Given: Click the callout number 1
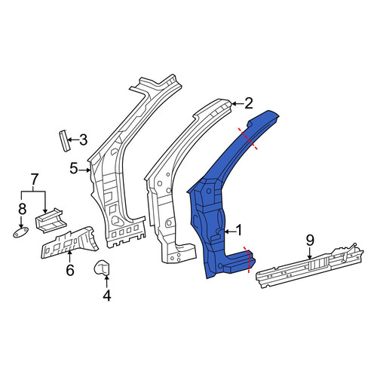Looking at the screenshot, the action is coord(238,231).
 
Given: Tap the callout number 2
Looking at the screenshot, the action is coord(248,103).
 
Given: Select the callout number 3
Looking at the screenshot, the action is coord(83,139).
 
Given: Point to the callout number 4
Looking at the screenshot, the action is coord(107,296).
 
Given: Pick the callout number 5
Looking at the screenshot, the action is coord(74,168).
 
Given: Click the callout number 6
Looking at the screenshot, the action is coord(70,270).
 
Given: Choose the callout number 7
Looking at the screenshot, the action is coord(34,179).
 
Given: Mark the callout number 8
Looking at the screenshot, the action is coord(22,209).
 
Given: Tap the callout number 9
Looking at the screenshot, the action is coord(310,241).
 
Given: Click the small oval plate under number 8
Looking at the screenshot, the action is coord(20,232).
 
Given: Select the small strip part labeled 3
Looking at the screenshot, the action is coord(64,141).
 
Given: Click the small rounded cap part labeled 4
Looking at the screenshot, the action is coord(102,268).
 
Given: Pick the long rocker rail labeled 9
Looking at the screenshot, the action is coord(310,266).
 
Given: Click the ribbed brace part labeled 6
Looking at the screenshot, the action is coord(69,244).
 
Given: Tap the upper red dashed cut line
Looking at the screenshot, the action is coord(248,139).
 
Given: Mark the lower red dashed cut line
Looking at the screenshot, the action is coord(248,260).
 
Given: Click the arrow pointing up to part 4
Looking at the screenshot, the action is coord(107,281).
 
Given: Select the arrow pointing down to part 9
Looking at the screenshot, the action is coord(310,253).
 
